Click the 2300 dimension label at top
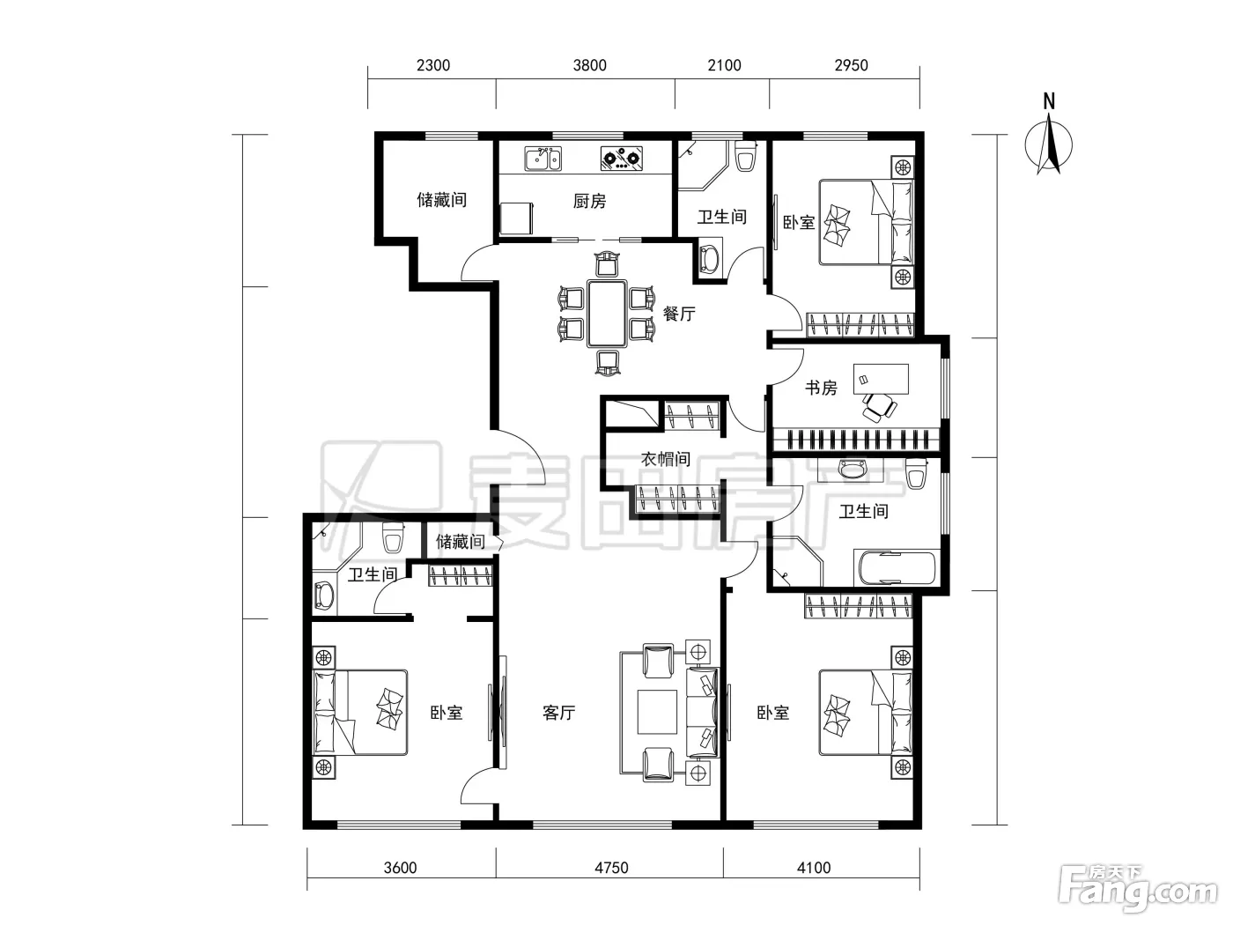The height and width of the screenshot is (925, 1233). pyautogui.click(x=433, y=66)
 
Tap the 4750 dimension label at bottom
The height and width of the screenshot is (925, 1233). pyautogui.click(x=611, y=868)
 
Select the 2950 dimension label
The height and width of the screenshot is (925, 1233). pyautogui.click(x=851, y=66)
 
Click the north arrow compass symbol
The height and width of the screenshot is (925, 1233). pyautogui.click(x=1049, y=137)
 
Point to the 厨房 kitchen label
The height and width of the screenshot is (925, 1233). pyautogui.click(x=589, y=201)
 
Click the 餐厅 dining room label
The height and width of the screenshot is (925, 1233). pyautogui.click(x=679, y=314)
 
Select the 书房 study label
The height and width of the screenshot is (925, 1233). pyautogui.click(x=821, y=388)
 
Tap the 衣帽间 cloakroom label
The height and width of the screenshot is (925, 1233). pyautogui.click(x=666, y=459)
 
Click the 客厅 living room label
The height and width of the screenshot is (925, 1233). pyautogui.click(x=558, y=713)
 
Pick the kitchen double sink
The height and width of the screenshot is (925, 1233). pyautogui.click(x=543, y=159)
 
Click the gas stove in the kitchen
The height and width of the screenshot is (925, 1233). pyautogui.click(x=621, y=159)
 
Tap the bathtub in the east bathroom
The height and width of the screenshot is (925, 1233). pyautogui.click(x=897, y=569)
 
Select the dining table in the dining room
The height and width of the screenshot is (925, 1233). pyautogui.click(x=607, y=314)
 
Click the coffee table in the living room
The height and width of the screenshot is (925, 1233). pyautogui.click(x=657, y=712)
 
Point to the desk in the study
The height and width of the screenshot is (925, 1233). pyautogui.click(x=881, y=379)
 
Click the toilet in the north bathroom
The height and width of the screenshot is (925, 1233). pyautogui.click(x=745, y=156)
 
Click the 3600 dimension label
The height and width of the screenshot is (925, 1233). pyautogui.click(x=400, y=868)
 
